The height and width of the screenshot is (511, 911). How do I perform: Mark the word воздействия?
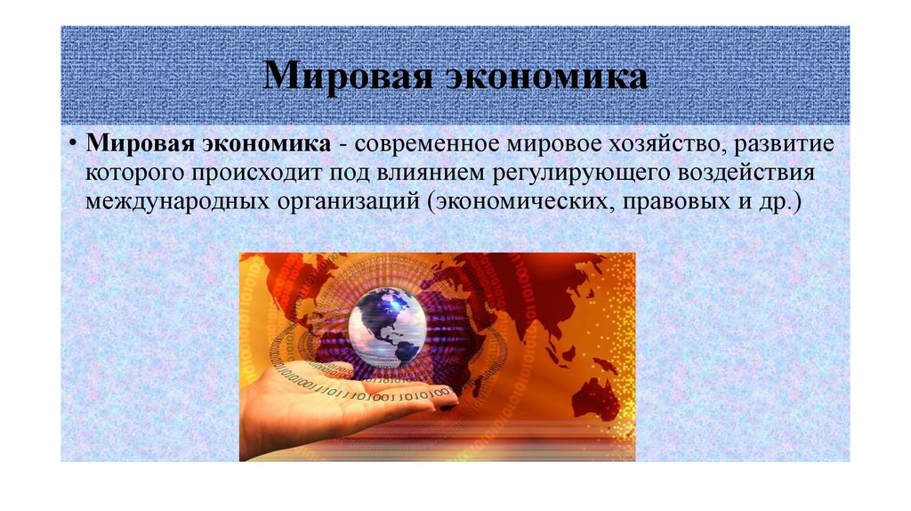pos(742,173)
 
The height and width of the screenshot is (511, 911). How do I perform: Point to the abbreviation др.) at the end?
pos(781,200)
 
